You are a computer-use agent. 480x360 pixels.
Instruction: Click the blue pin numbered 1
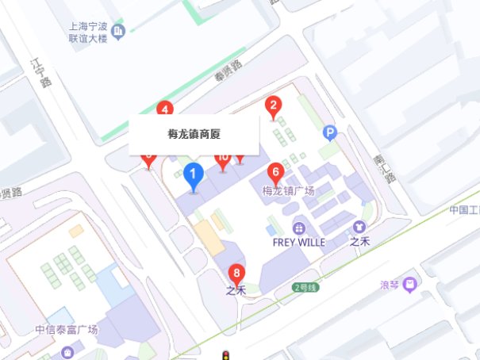click(x=192, y=174)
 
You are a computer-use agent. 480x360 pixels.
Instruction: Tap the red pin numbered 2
click(x=274, y=105)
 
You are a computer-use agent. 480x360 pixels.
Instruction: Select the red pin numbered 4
click(x=165, y=109)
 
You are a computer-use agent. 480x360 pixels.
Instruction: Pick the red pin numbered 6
click(x=275, y=172)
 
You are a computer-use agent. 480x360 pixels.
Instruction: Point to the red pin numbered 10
click(x=223, y=159)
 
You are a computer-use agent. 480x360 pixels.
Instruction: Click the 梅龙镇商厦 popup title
click(x=194, y=135)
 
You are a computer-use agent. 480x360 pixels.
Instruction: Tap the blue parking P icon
click(x=330, y=132)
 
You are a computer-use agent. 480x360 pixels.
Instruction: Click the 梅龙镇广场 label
click(x=289, y=191)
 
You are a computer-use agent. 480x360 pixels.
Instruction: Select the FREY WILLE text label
click(x=298, y=242)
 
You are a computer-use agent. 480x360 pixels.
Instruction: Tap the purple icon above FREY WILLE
click(x=298, y=226)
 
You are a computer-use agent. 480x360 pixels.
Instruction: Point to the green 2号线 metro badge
click(x=305, y=287)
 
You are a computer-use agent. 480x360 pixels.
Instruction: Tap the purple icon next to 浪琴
click(x=409, y=283)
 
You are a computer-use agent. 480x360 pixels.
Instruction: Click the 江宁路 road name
click(x=40, y=71)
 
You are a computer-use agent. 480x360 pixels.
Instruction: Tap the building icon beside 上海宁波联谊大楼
click(x=119, y=32)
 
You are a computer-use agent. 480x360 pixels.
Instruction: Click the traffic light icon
click(x=226, y=354)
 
